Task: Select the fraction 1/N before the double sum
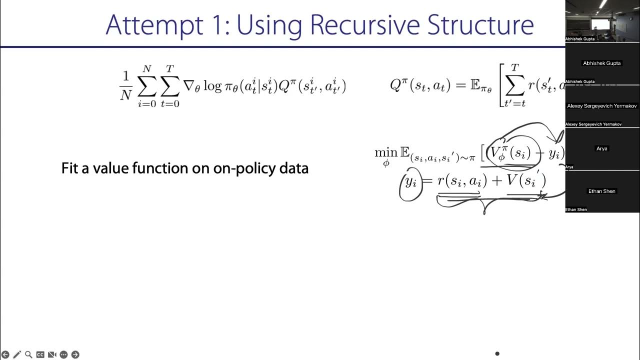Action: point(125,86)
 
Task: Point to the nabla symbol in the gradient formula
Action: point(189,86)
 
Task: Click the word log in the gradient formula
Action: point(211,86)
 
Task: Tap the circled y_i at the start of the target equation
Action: point(410,182)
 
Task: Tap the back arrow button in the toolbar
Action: point(5,354)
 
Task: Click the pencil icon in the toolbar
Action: point(17,354)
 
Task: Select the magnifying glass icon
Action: point(28,354)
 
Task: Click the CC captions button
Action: point(40,354)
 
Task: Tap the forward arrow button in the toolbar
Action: point(75,354)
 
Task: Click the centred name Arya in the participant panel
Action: point(602,148)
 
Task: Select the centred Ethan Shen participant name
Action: point(602,191)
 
